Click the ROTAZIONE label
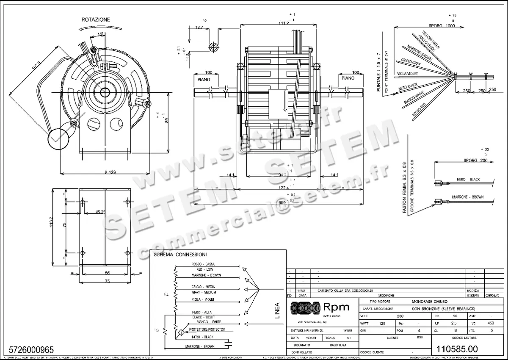(96, 19)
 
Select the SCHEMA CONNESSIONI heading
(180, 255)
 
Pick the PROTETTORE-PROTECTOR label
(207, 329)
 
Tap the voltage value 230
(400, 316)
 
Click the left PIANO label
(204, 79)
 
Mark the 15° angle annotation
(100, 34)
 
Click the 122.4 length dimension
(283, 187)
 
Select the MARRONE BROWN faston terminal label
(468, 197)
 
